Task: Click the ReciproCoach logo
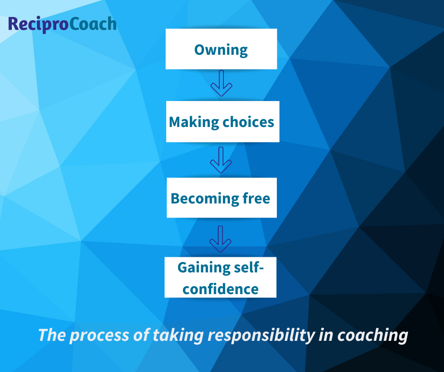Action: (x=62, y=24)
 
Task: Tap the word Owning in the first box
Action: (x=221, y=50)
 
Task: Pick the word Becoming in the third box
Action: (x=201, y=198)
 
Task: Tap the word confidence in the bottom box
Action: (x=221, y=288)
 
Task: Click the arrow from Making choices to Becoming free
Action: (x=221, y=160)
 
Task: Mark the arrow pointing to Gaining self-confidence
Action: (x=221, y=239)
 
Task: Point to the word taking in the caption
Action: (x=179, y=336)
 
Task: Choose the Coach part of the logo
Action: (x=93, y=24)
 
